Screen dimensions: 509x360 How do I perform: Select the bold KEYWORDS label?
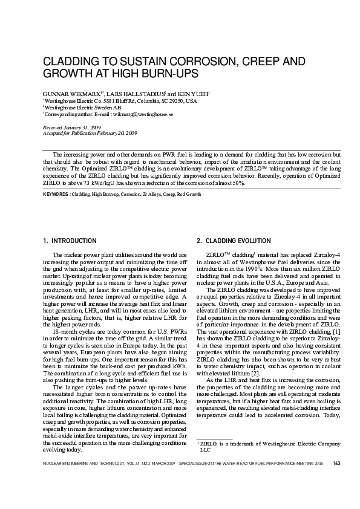click(x=56, y=195)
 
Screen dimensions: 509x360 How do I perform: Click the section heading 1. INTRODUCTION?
click(x=70, y=241)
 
